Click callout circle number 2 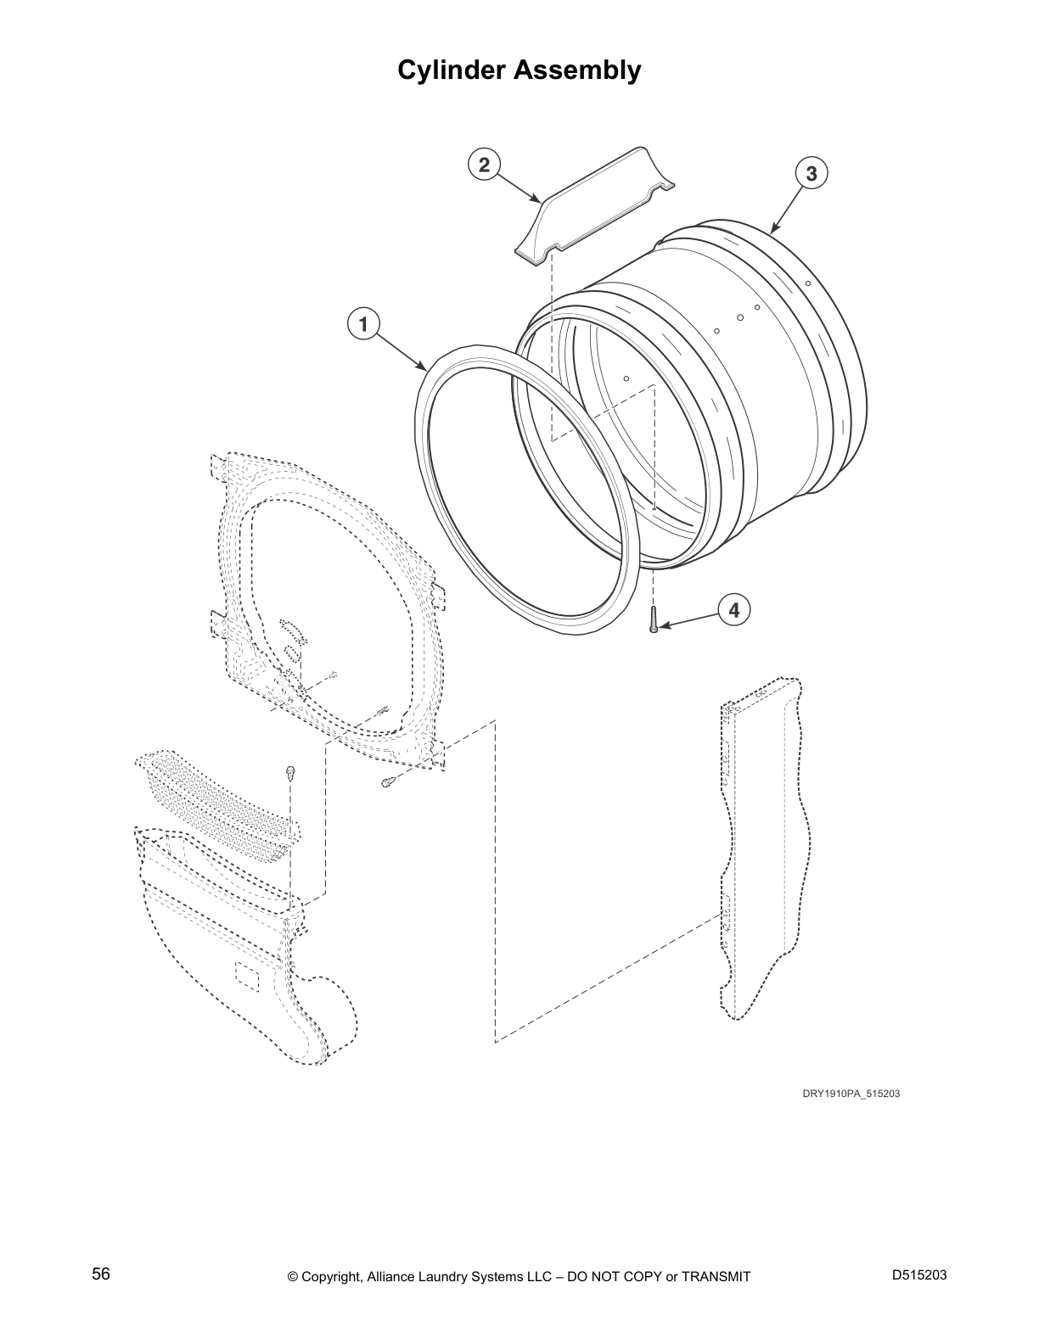coord(484,164)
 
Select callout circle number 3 coord(812,174)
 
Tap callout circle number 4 coord(734,609)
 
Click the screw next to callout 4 coord(654,619)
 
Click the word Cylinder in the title coord(452,70)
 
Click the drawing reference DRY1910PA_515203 coord(851,1094)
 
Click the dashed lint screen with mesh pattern coord(216,802)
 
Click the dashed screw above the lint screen coord(289,772)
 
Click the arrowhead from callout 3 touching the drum coord(773,230)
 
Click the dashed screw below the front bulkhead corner coord(387,781)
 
